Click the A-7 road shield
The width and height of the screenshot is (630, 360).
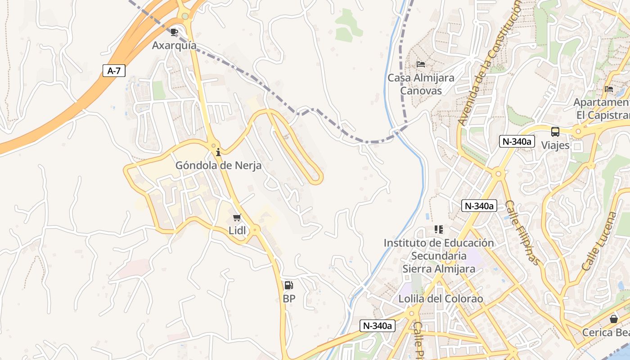point(114,71)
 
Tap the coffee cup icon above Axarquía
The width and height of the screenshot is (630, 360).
point(174,32)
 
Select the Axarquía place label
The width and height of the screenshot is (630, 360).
point(174,45)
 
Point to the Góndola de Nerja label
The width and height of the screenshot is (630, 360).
point(218,166)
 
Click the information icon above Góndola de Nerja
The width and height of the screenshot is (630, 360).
point(218,152)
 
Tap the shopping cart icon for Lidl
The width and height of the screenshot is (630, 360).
point(237,218)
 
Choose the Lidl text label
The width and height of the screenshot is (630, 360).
point(238,231)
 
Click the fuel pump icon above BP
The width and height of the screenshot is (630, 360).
point(288,285)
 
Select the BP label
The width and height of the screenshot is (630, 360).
point(289,298)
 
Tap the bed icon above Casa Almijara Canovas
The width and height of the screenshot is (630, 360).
point(421,64)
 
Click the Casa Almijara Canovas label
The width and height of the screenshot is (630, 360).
point(421,84)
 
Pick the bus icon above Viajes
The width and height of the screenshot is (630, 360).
point(555,132)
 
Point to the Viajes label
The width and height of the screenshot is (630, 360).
point(555,145)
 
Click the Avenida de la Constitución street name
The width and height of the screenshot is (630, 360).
point(490,63)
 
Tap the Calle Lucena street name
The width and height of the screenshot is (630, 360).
point(598,242)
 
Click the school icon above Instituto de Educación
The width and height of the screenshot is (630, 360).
point(439,229)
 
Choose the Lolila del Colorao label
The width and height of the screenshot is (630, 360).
point(441,299)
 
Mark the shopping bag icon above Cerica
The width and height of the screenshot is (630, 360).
point(613,319)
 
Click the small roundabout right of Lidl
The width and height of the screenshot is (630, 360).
point(255,230)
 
